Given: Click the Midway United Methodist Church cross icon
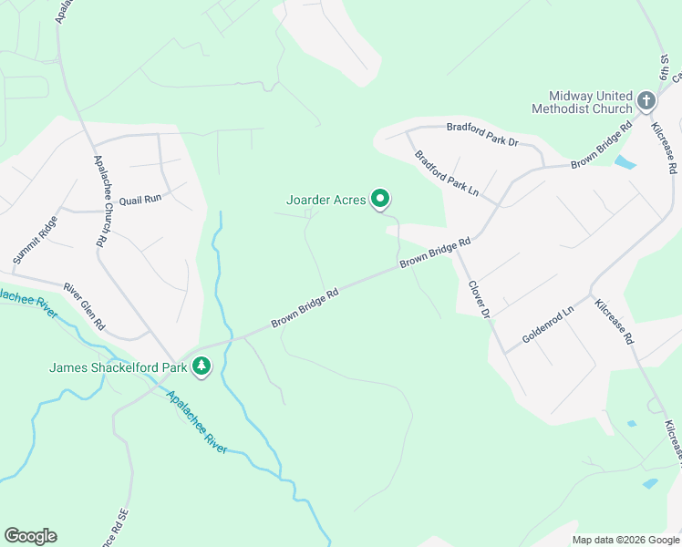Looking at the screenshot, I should [646, 100].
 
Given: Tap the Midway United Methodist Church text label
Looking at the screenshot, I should [590, 102].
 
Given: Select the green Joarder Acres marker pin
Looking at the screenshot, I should [380, 199].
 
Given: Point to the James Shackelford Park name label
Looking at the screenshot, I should [118, 368].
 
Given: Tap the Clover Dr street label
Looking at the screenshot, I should [480, 299].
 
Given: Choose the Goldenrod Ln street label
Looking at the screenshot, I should [547, 324].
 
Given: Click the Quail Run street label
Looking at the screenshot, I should [139, 198].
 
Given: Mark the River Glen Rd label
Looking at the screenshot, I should [84, 306].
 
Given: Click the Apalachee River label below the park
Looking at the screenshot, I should [197, 418].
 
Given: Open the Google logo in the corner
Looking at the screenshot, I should [30, 536].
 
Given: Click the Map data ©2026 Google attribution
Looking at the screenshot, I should [625, 540].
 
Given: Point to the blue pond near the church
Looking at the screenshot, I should [625, 163].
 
